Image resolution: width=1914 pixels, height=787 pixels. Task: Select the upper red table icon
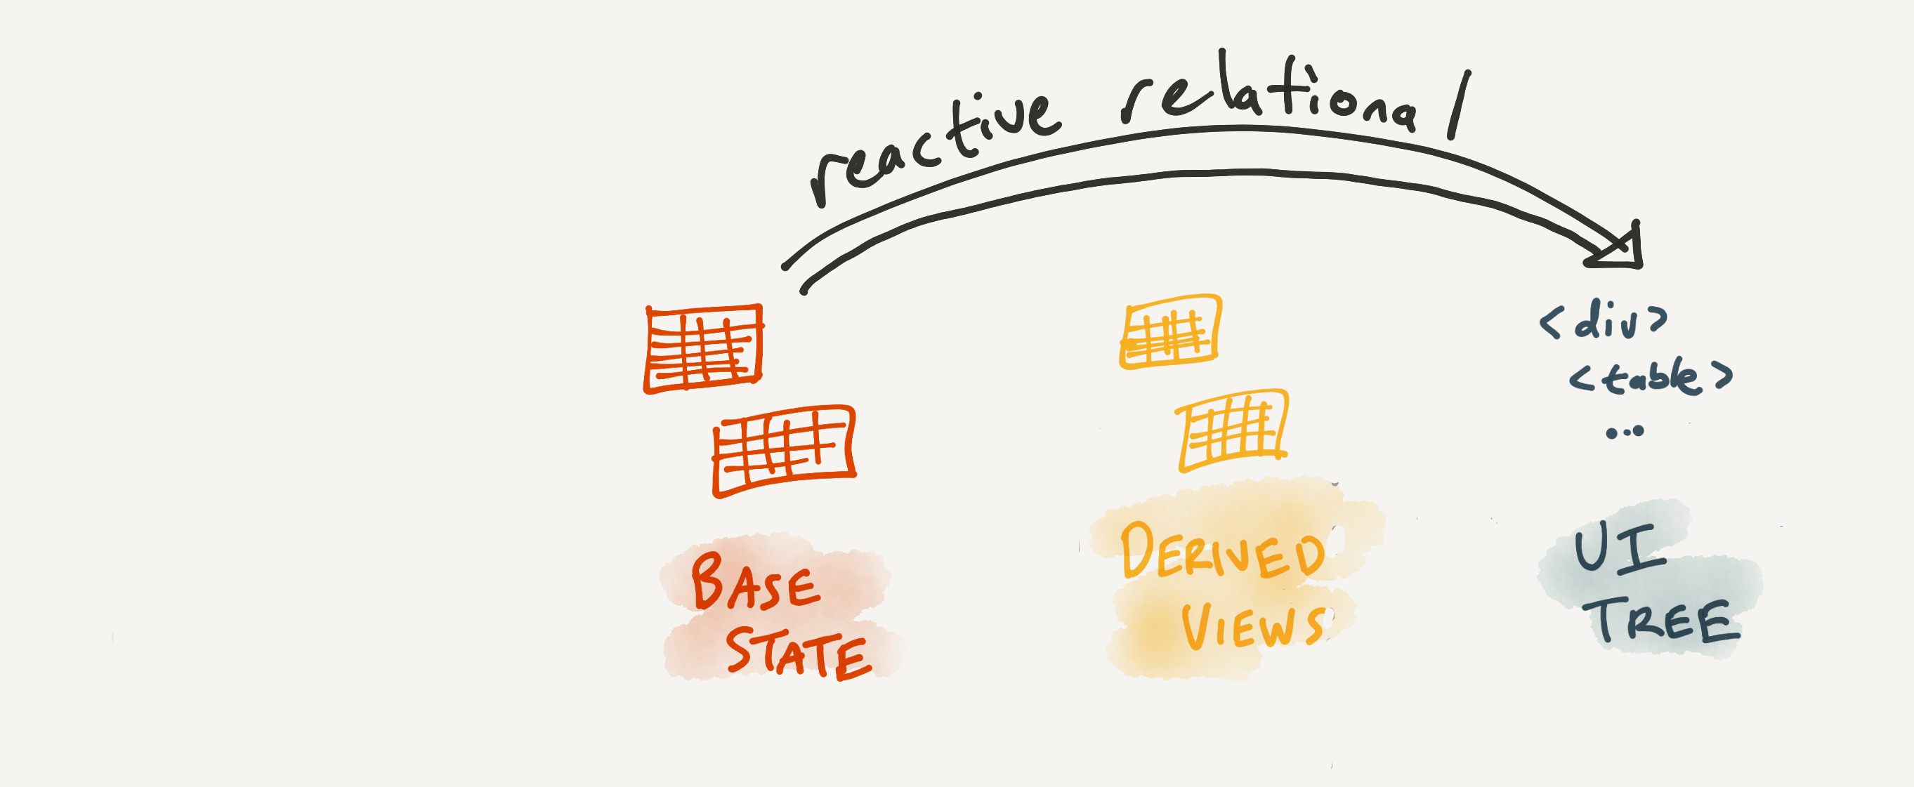tap(703, 348)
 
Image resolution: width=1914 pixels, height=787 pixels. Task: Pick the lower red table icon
tap(784, 450)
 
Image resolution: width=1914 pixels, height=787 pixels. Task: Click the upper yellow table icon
tap(1170, 331)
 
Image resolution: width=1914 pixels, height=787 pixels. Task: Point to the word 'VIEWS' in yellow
tap(1252, 627)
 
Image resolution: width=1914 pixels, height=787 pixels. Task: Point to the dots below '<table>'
tap(1625, 431)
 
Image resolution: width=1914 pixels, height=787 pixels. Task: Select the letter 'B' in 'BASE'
tap(707, 581)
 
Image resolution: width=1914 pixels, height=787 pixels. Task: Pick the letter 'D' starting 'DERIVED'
tap(1136, 550)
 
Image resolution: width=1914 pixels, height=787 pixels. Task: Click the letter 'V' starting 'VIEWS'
tap(1198, 627)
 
